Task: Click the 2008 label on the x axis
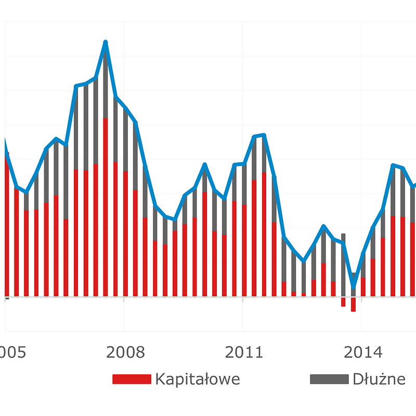(x=125, y=353)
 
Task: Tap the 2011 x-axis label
(x=244, y=353)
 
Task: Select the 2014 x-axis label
(x=363, y=353)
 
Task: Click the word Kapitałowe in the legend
(x=198, y=379)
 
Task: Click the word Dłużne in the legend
(x=379, y=379)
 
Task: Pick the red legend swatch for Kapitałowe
(x=131, y=379)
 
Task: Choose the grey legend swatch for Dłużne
(x=329, y=379)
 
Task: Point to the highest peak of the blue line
(x=106, y=42)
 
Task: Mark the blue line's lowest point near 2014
(x=354, y=287)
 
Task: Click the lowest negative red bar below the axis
(x=354, y=304)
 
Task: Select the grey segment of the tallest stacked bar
(x=106, y=83)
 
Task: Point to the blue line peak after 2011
(x=264, y=135)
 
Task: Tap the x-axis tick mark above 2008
(x=124, y=298)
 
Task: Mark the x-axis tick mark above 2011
(x=242, y=298)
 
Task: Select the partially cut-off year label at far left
(x=11, y=353)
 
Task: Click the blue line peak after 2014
(x=393, y=165)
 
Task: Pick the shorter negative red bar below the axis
(x=343, y=302)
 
